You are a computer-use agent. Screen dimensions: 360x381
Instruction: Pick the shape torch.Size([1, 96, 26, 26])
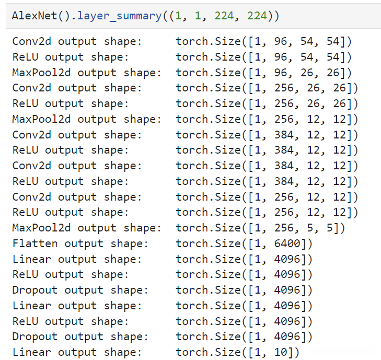[x=263, y=72]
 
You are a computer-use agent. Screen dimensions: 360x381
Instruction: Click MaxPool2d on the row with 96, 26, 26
[x=41, y=72]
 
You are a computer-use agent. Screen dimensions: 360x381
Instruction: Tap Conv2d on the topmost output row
[x=32, y=41]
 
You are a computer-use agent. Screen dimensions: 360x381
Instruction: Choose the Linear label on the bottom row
[x=32, y=352]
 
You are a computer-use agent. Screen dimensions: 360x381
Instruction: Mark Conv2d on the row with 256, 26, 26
[x=32, y=88]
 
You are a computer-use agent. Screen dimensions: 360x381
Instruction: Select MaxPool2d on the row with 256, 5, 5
[x=41, y=228]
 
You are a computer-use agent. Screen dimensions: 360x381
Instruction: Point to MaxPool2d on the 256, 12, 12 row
[x=41, y=119]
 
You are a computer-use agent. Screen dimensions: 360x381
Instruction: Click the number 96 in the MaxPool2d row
[x=281, y=72]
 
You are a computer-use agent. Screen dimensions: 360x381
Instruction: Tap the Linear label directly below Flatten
[x=32, y=259]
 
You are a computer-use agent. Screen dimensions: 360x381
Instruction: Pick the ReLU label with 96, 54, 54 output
[x=25, y=56]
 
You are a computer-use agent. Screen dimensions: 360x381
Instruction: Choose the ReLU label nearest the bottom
[x=25, y=321]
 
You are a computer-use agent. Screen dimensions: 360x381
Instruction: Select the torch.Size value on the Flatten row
[x=244, y=243]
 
